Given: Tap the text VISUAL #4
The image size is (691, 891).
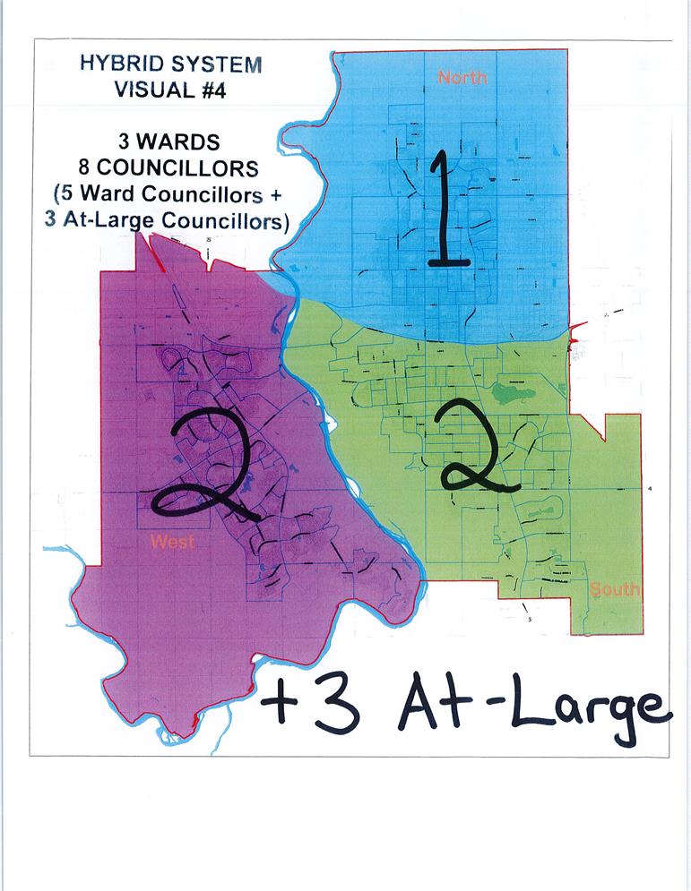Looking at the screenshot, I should (170, 89).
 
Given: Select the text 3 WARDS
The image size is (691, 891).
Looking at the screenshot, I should (169, 142).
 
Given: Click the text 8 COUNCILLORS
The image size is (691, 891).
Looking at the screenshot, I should (169, 168).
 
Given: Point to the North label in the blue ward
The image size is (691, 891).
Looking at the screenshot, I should (462, 78).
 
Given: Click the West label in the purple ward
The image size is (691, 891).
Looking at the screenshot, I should (172, 541).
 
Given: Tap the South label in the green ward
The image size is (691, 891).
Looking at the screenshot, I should (615, 589).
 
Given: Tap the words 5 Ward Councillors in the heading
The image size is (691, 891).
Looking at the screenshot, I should (164, 194).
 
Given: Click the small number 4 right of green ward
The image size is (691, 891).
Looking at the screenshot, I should (651, 489).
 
